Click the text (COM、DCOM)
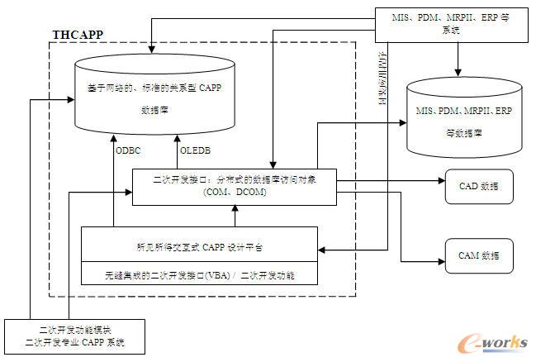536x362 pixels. click(x=234, y=193)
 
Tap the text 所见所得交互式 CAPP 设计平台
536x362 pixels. click(x=200, y=246)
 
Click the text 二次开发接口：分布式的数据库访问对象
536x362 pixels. click(x=235, y=179)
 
